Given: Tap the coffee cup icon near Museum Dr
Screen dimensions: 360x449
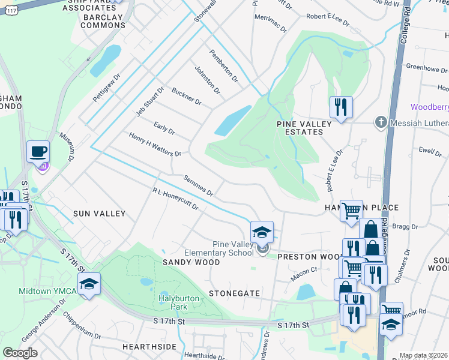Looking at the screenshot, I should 38,151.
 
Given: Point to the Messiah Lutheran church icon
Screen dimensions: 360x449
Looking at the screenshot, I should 380,123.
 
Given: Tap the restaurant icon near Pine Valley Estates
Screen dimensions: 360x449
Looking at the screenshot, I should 340,107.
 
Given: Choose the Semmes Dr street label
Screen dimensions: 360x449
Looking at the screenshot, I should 198,186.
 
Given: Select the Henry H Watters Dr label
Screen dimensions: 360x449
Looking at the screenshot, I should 155,145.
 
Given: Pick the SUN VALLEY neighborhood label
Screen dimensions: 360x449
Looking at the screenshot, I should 99,214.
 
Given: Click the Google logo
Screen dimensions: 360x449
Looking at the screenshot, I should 20,353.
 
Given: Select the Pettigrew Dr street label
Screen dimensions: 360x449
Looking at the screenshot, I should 107,88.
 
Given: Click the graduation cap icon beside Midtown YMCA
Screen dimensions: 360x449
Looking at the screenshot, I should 89,284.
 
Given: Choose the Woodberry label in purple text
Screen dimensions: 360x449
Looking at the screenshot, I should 429,107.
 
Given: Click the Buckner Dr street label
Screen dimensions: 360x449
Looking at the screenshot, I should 186,97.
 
